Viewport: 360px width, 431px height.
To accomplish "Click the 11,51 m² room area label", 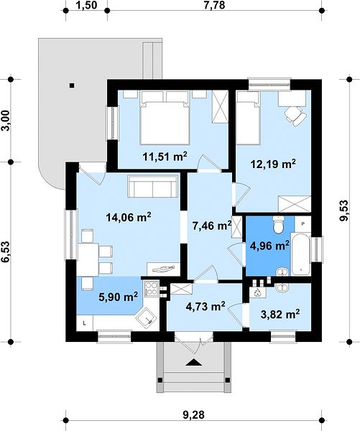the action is [165, 157].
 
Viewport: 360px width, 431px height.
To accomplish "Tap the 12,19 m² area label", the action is [273, 164].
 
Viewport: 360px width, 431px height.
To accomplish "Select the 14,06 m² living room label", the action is [129, 217].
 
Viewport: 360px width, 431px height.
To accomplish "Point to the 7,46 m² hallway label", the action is [212, 226].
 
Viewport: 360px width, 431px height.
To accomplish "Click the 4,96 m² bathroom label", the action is [269, 246].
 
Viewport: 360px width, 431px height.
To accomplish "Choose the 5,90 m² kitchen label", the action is [119, 297].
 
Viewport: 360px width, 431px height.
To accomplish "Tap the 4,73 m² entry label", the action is [206, 306].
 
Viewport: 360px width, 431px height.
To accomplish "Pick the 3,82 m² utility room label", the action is [280, 314].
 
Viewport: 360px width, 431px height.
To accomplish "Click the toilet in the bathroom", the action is [278, 225].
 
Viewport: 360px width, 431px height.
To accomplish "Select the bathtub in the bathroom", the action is [301, 254].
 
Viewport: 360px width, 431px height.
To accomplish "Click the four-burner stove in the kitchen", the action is [151, 288].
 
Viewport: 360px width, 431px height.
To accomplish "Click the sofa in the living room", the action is [152, 186].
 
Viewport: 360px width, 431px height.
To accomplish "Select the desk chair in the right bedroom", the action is [295, 115].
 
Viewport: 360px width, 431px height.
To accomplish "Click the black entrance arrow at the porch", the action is [194, 363].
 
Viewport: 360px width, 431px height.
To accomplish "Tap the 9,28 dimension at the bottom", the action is [193, 414].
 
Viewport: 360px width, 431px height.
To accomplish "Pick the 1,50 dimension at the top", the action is [86, 5].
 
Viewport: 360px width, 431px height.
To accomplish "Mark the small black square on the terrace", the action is [72, 85].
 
